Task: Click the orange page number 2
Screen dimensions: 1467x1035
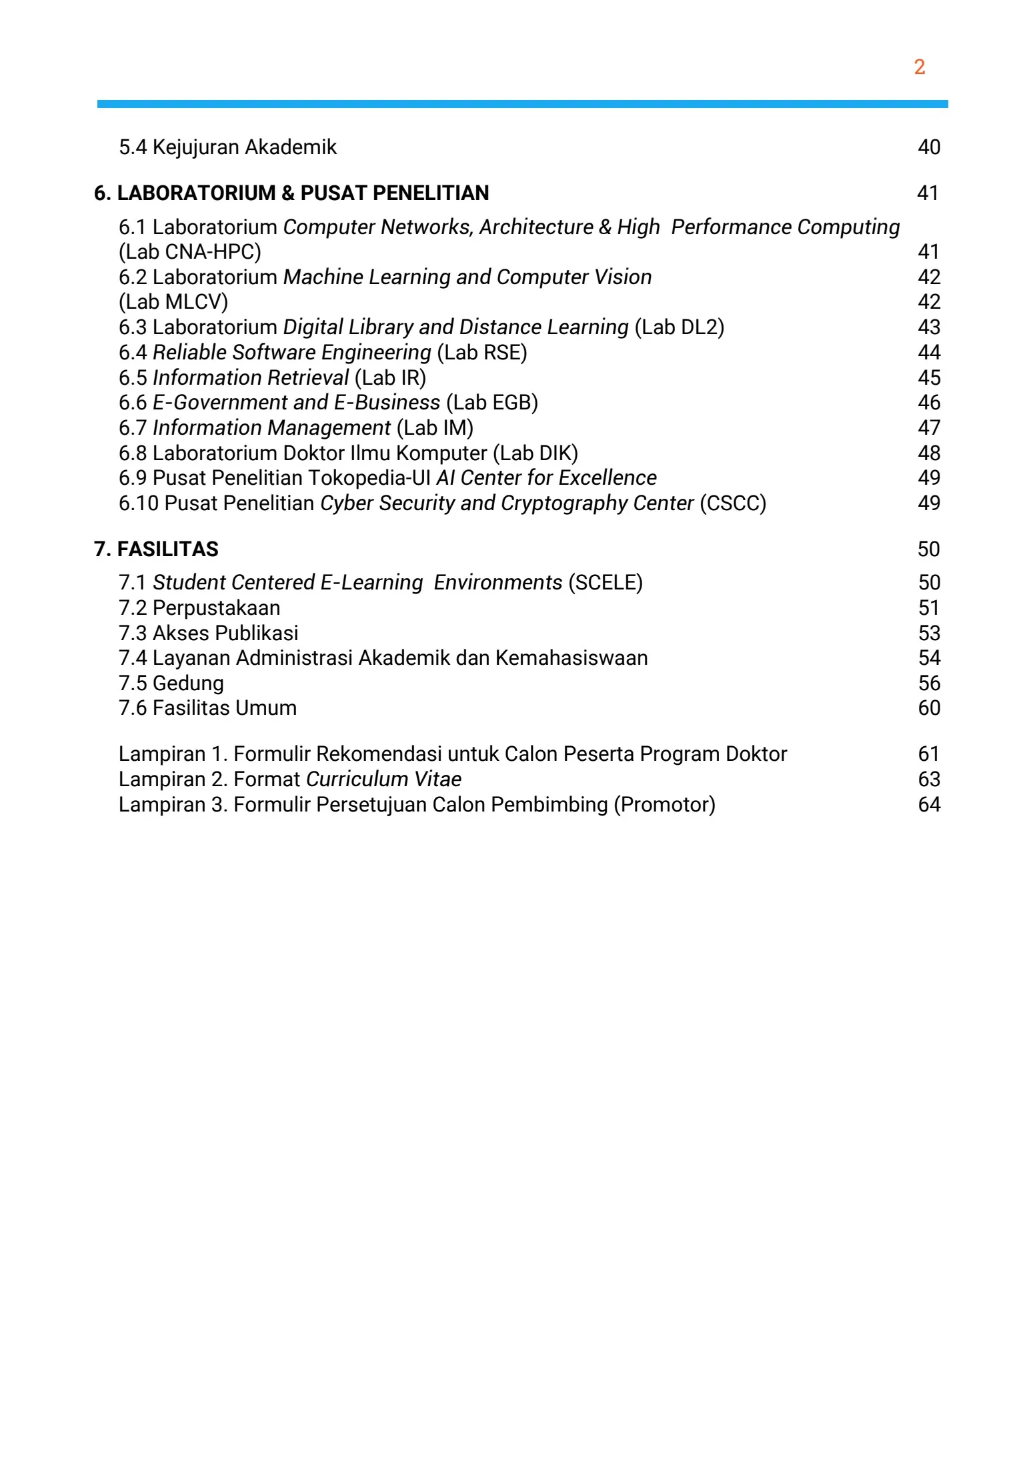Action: coord(919,67)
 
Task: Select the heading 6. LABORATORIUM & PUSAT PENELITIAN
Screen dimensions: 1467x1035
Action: coord(291,193)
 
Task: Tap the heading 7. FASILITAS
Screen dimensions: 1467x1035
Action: coord(156,549)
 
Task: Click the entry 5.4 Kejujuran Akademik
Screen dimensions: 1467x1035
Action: coord(227,147)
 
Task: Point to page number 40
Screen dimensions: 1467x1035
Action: coord(928,147)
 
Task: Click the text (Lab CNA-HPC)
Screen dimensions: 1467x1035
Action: coord(190,252)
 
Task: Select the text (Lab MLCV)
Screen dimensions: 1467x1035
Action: coord(173,302)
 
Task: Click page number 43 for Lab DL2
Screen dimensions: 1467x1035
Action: coord(928,327)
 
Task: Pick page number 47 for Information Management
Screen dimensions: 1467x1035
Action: coord(928,428)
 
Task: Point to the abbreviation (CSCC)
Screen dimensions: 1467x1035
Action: coord(733,503)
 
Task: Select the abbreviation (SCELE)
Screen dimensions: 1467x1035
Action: coord(605,583)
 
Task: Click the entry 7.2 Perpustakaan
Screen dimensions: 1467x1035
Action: coord(199,608)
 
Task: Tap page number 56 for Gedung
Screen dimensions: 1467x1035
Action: coord(928,683)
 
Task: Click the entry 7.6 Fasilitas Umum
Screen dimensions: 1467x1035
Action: coord(207,708)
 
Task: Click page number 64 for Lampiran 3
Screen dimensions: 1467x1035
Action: coord(928,805)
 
